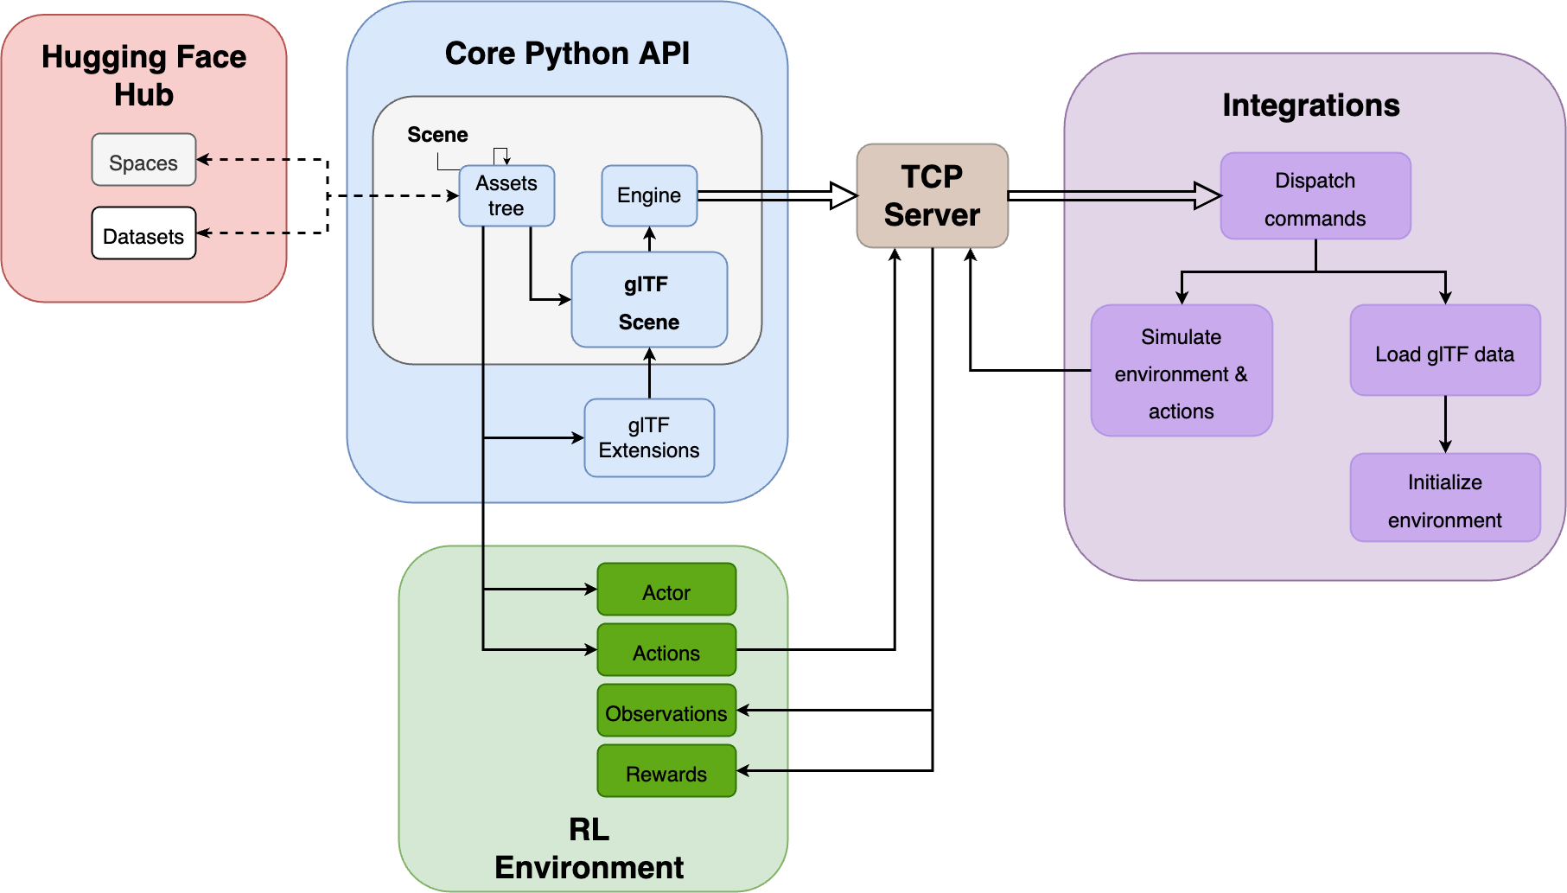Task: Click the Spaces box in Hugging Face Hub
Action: point(143,160)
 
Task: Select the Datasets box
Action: point(143,233)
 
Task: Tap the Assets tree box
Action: point(506,196)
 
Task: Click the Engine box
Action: point(649,196)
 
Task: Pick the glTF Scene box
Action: point(649,300)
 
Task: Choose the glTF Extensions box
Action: point(649,438)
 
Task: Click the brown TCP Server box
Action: point(932,196)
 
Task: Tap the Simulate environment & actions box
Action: point(1182,371)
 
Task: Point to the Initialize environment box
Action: point(1445,498)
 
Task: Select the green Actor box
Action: point(666,590)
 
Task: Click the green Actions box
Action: point(666,650)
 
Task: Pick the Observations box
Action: point(666,711)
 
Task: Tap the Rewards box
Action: point(666,771)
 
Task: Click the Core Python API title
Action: point(567,54)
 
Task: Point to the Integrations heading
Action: point(1310,105)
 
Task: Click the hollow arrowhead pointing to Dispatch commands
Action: point(1207,195)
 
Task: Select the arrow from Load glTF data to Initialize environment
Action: point(1445,424)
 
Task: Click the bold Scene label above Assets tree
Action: point(437,135)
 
